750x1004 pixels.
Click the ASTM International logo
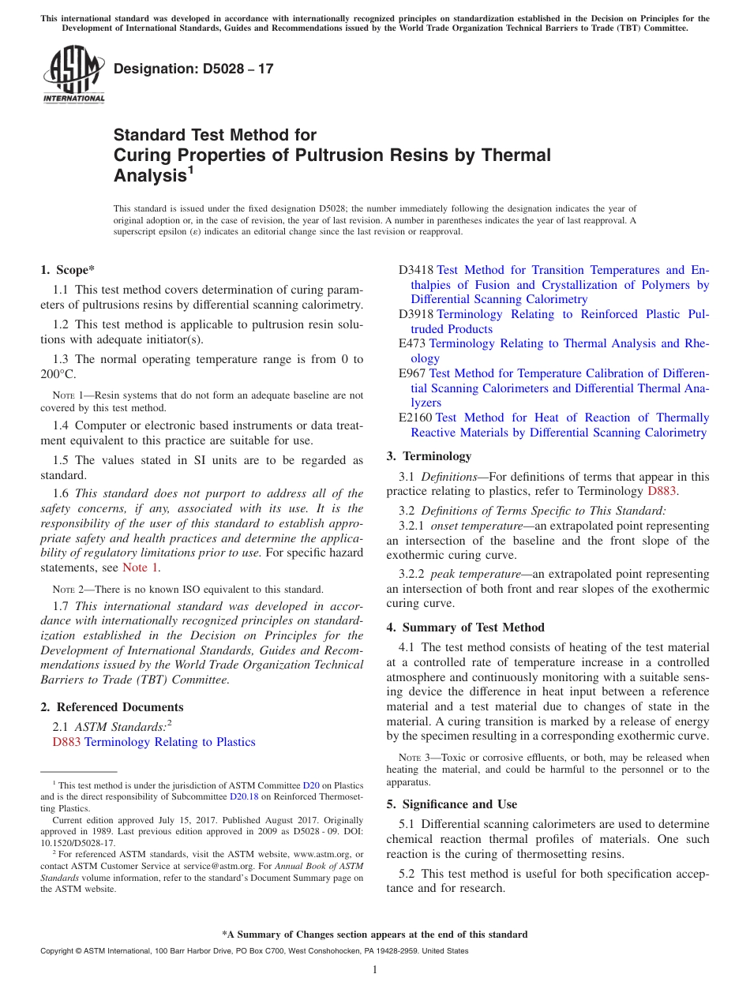[73, 74]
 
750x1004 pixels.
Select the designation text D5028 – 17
[193, 69]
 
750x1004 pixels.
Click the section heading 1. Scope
[67, 270]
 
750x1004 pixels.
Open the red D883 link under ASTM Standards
[66, 742]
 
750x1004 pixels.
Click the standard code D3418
[415, 270]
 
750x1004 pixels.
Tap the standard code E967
[412, 373]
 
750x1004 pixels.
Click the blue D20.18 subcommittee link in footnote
[243, 796]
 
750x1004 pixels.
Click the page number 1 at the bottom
[375, 970]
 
